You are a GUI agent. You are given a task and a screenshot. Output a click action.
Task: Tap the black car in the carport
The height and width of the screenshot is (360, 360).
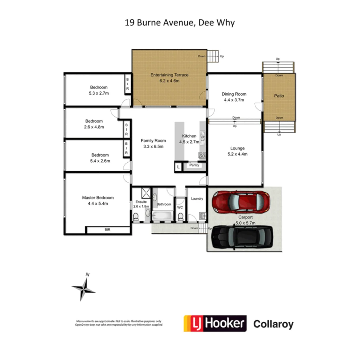[242, 237]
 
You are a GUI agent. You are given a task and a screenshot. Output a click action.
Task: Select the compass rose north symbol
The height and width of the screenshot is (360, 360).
[84, 288]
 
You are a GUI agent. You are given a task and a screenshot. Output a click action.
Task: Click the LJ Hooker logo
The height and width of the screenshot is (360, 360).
[215, 323]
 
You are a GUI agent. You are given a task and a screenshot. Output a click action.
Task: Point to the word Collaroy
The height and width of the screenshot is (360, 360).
[273, 324]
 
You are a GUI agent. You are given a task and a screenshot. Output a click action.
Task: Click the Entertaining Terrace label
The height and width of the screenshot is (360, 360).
[169, 75]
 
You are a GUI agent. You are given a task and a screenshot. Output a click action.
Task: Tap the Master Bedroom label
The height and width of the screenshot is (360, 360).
[98, 197]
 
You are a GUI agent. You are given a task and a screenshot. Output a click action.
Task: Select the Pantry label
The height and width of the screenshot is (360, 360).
[194, 165]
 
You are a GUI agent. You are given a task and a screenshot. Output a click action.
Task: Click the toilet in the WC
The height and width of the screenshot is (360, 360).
[180, 217]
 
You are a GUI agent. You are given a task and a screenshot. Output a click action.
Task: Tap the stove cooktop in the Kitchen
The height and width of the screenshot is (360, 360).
[202, 155]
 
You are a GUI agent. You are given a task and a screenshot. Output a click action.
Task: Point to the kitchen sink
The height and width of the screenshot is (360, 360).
[202, 135]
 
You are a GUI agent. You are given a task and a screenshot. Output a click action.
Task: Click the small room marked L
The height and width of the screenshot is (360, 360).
[179, 167]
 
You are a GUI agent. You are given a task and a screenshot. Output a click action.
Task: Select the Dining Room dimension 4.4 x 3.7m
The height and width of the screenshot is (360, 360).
[233, 100]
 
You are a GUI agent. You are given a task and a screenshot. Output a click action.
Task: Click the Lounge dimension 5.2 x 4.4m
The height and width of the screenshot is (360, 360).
[237, 154]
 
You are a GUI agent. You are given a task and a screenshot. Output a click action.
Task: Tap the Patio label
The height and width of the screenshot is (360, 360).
[279, 96]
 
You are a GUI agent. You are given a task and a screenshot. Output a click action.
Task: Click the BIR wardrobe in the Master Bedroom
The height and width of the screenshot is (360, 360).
[107, 230]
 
